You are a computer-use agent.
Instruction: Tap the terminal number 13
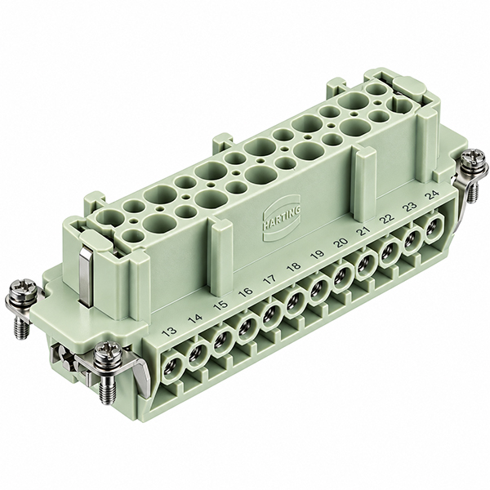(x=171, y=332)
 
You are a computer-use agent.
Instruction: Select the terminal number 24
(x=432, y=196)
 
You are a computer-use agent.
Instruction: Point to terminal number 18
(x=294, y=266)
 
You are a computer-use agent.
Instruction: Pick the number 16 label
(x=246, y=292)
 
